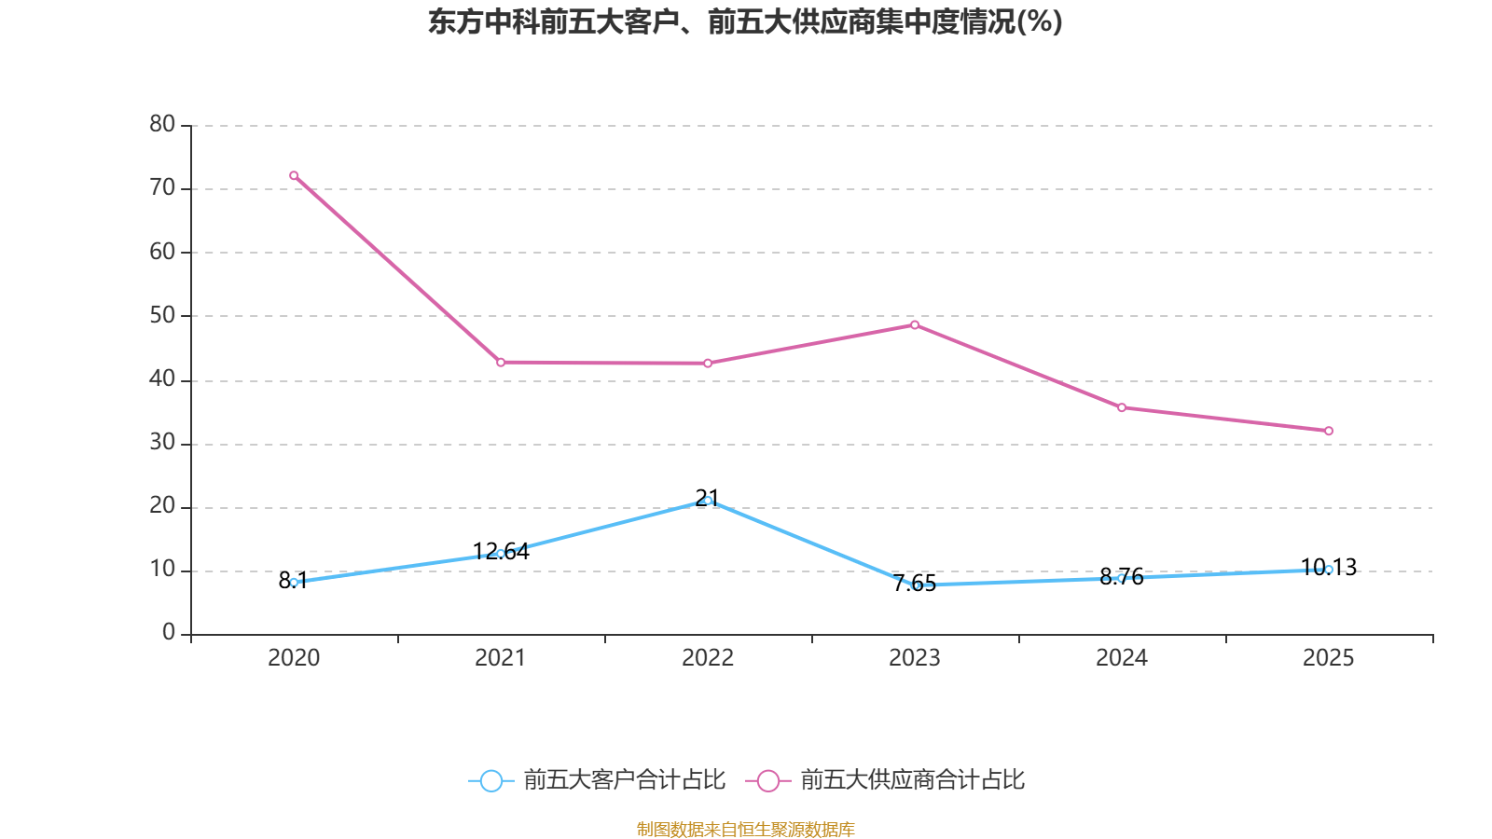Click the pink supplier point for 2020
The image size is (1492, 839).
[294, 175]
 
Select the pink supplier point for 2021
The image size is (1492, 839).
[501, 362]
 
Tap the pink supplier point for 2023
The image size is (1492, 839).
[915, 324]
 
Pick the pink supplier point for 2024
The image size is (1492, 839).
[1122, 407]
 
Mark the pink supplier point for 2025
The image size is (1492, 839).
[1329, 431]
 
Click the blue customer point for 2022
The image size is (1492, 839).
[708, 501]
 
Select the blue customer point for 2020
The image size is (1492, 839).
[294, 582]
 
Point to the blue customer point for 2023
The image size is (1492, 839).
[915, 585]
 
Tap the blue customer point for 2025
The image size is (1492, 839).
[1329, 570]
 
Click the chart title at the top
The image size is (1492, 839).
[745, 21]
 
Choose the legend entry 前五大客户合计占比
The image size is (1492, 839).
[598, 780]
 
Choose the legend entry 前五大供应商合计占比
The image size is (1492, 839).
[886, 780]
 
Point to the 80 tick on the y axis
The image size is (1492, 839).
[162, 124]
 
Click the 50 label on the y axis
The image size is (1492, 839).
[162, 315]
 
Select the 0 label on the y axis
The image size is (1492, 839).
[169, 633]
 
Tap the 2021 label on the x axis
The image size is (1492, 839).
[501, 658]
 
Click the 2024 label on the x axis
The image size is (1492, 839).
[1122, 658]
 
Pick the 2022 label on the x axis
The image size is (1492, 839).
[708, 658]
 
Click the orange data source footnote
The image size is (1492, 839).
[745, 829]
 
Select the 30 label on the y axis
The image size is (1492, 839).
[162, 443]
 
